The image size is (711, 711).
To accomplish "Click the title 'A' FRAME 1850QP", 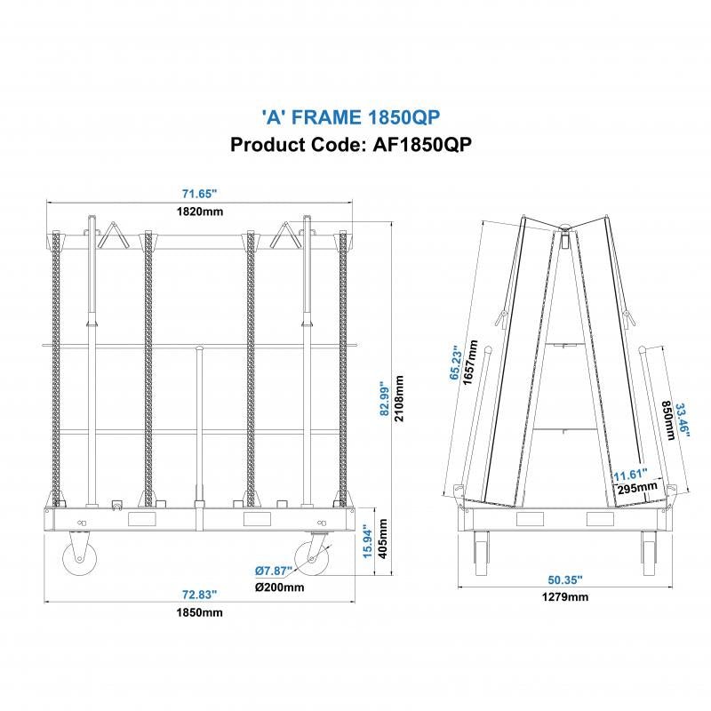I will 350,116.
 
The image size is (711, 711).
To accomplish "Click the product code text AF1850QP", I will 350,144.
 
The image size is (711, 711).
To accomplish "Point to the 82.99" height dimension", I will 384,400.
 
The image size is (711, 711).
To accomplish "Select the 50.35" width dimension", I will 565,579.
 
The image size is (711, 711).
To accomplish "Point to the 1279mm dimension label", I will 565,597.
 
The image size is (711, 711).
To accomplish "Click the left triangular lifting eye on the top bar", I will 113,236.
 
